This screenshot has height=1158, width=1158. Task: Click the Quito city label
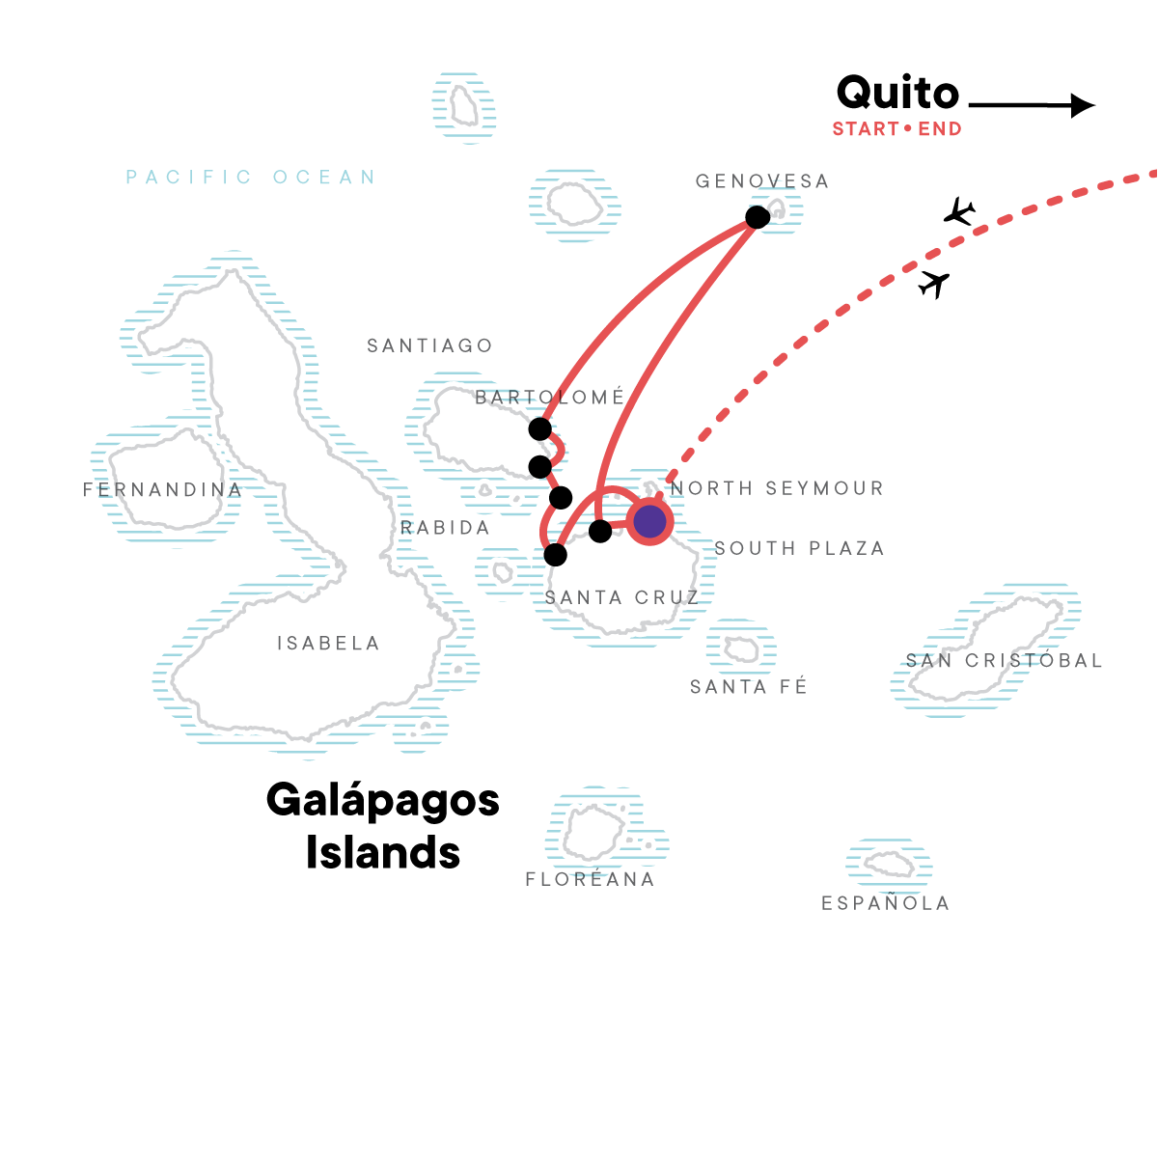pyautogui.click(x=897, y=94)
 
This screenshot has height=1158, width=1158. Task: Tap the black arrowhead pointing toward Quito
pyautogui.click(x=1083, y=106)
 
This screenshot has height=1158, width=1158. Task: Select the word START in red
pyautogui.click(x=866, y=128)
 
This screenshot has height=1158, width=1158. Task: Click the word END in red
pyautogui.click(x=940, y=128)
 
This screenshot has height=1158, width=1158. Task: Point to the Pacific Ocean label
pyautogui.click(x=251, y=177)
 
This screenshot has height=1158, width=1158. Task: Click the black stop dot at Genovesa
pyautogui.click(x=758, y=217)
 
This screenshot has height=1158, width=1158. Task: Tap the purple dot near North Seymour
pyautogui.click(x=649, y=521)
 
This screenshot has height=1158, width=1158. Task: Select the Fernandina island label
pyautogui.click(x=162, y=490)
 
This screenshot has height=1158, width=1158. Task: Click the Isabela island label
pyautogui.click(x=328, y=643)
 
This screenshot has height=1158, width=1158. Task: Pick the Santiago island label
pyautogui.click(x=429, y=345)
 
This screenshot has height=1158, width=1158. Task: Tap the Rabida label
pyautogui.click(x=445, y=528)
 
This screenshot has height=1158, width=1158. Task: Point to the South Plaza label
pyautogui.click(x=799, y=548)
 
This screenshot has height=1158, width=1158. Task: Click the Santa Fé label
pyautogui.click(x=748, y=686)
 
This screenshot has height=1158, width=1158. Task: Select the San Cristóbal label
pyautogui.click(x=1005, y=659)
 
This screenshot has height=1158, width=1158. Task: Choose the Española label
pyautogui.click(x=886, y=902)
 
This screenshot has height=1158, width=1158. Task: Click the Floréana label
pyautogui.click(x=591, y=878)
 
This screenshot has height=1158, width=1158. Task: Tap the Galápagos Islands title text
pyautogui.click(x=383, y=826)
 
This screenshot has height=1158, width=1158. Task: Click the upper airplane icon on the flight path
pyautogui.click(x=959, y=211)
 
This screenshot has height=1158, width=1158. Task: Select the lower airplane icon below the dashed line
pyautogui.click(x=934, y=285)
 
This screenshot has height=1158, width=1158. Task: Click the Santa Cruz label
pyautogui.click(x=622, y=597)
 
